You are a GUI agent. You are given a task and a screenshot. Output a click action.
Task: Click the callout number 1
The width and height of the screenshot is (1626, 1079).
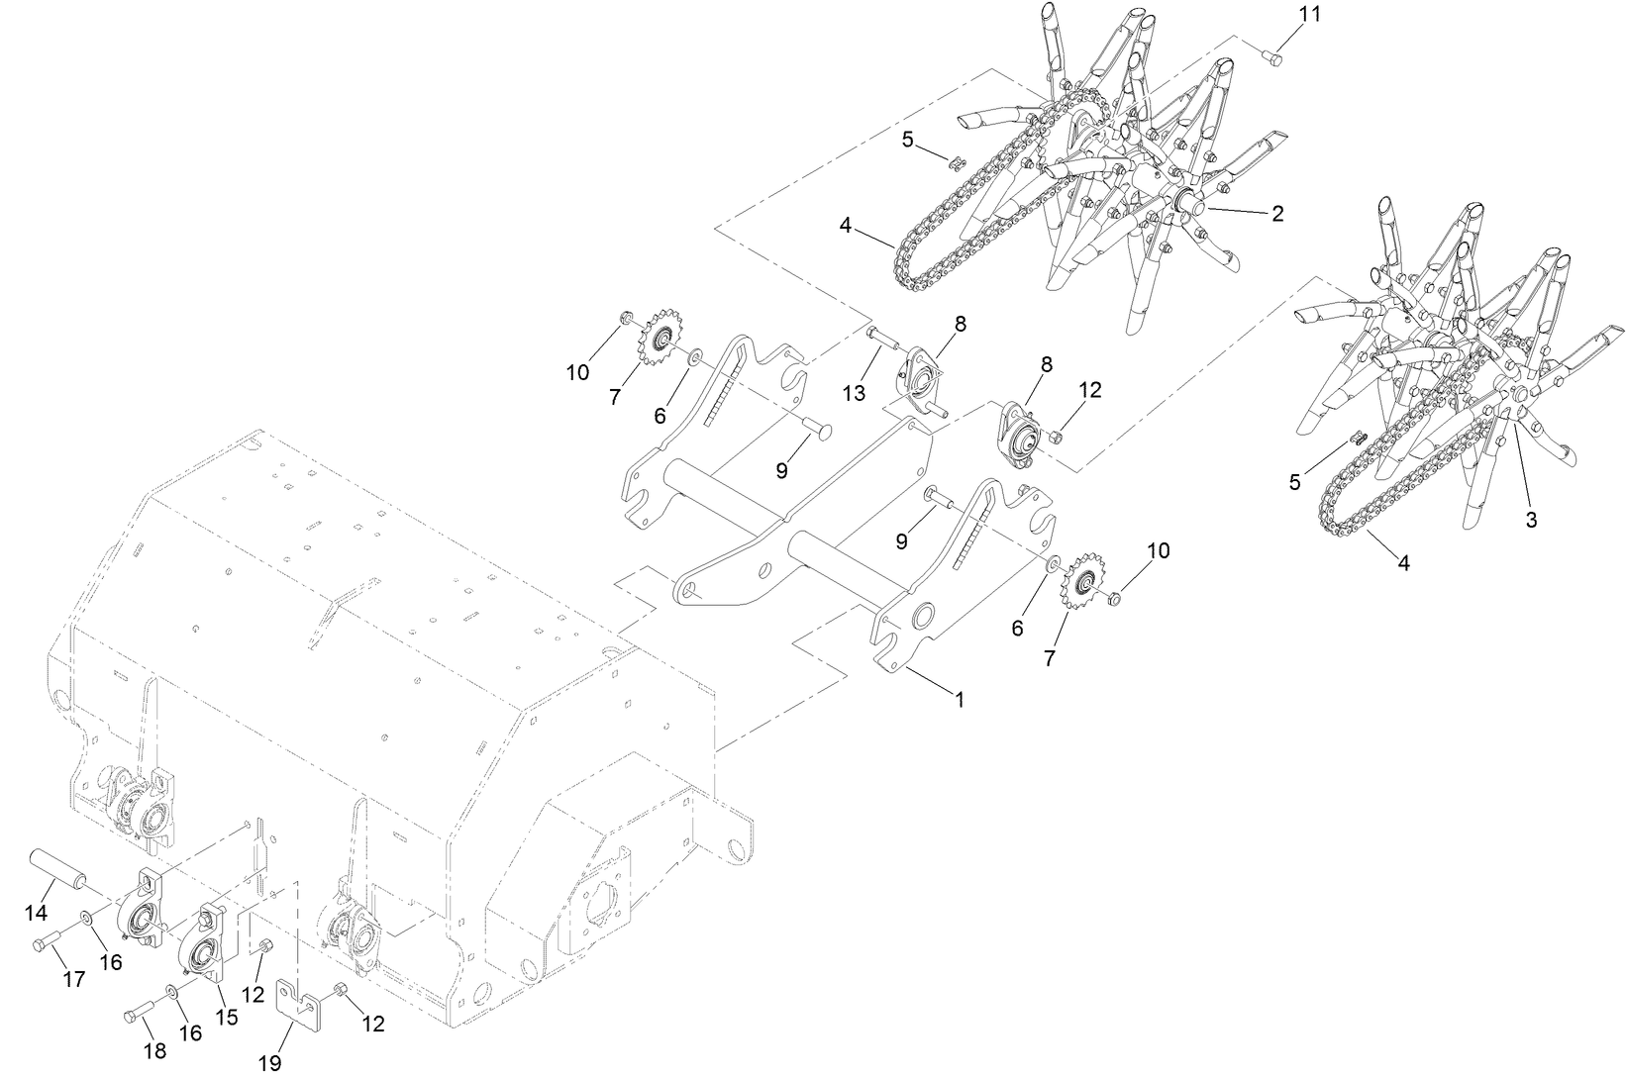point(959,699)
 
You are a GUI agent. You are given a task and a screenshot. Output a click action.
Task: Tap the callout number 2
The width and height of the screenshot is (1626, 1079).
point(1277,213)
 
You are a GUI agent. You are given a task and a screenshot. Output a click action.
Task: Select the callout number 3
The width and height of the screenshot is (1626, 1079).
point(1531,520)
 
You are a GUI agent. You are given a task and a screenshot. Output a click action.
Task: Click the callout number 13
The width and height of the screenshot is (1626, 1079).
point(854,393)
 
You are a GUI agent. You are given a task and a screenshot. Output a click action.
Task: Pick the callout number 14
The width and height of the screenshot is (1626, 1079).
point(37,911)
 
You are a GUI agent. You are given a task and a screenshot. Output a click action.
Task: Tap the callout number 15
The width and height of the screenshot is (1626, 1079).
point(227,1017)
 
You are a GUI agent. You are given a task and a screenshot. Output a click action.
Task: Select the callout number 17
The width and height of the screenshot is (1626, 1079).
point(75,979)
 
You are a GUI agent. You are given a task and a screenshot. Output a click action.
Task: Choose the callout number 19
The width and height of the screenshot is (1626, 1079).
point(269,1063)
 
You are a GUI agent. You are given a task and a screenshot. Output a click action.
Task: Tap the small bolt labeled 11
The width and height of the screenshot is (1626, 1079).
point(1273,57)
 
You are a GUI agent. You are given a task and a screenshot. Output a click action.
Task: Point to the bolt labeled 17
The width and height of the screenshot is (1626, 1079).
point(50,944)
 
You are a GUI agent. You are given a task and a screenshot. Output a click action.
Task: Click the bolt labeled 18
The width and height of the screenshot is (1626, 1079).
point(140,1015)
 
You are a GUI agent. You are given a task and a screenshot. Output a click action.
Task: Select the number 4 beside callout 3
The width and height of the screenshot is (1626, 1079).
point(1403,562)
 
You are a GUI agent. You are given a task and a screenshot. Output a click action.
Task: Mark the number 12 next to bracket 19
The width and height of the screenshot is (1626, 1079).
point(372,1024)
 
